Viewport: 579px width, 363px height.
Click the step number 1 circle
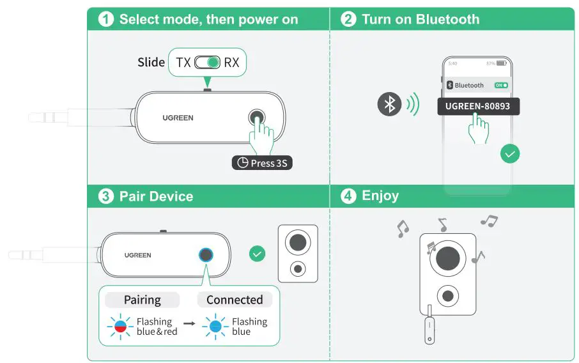(x=106, y=19)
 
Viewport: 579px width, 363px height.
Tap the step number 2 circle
(x=348, y=19)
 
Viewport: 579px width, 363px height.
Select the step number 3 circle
(x=106, y=196)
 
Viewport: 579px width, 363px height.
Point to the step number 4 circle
(x=348, y=196)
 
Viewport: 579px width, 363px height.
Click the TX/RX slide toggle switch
(x=207, y=63)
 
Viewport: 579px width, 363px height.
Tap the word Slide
(x=151, y=63)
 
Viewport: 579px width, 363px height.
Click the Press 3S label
(x=262, y=163)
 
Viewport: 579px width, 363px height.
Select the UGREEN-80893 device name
(x=478, y=105)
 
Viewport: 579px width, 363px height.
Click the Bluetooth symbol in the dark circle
(x=389, y=104)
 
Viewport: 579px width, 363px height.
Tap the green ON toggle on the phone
(x=501, y=85)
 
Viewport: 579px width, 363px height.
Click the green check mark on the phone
(x=510, y=153)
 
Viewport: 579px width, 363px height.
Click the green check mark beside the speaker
(x=257, y=254)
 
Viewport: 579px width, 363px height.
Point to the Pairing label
(x=142, y=300)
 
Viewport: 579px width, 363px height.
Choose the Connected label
(x=235, y=300)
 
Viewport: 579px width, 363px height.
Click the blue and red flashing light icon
(x=121, y=327)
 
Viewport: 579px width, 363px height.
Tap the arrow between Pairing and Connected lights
(x=189, y=327)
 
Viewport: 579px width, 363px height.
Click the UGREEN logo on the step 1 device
(x=178, y=118)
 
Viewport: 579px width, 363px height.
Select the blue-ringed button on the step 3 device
(x=206, y=254)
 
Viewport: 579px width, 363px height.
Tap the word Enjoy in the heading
(x=380, y=196)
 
